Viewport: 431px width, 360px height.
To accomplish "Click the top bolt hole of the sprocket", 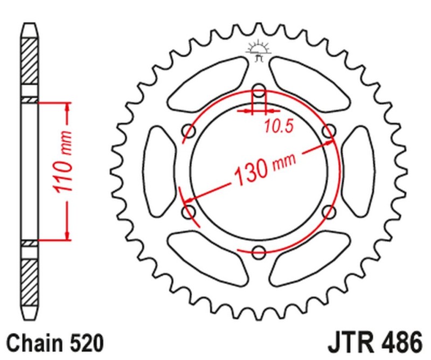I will (259, 90).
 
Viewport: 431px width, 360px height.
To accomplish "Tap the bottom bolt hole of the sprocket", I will (259, 250).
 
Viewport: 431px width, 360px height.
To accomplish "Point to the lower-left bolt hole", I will (189, 211).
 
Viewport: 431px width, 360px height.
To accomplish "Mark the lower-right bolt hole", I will (328, 211).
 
